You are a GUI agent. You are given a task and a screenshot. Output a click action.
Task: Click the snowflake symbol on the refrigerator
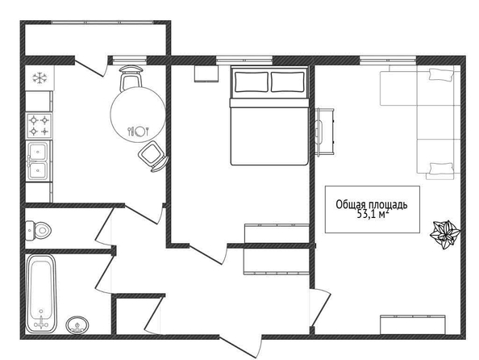coord(40,78)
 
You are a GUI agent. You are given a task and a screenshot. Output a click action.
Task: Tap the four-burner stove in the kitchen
coord(39,126)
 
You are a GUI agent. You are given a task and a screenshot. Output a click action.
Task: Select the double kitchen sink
coord(38,161)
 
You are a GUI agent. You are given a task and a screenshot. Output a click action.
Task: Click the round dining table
coord(138,115)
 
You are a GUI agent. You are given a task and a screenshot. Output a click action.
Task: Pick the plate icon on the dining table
coord(140,132)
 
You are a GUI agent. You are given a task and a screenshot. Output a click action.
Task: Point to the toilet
coord(38,230)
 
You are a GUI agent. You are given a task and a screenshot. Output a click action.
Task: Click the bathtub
coord(41,294)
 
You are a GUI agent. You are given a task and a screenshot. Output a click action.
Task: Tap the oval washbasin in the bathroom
coord(77,324)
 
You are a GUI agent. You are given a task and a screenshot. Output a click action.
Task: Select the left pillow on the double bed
coord(251,82)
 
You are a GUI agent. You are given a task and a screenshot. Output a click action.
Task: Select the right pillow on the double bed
coord(288,82)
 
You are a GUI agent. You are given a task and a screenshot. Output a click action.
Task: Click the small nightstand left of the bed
coord(206,73)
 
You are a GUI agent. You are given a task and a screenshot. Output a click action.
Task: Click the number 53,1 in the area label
coord(367,214)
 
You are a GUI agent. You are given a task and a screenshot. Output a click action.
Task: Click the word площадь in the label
coord(388,205)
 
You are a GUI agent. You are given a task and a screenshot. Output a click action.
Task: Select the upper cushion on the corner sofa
coord(441,74)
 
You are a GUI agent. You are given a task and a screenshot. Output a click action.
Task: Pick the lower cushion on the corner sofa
coord(441,169)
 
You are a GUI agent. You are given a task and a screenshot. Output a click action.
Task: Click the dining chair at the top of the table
coord(131,78)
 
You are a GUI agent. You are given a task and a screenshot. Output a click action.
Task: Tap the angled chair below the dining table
coord(153,156)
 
